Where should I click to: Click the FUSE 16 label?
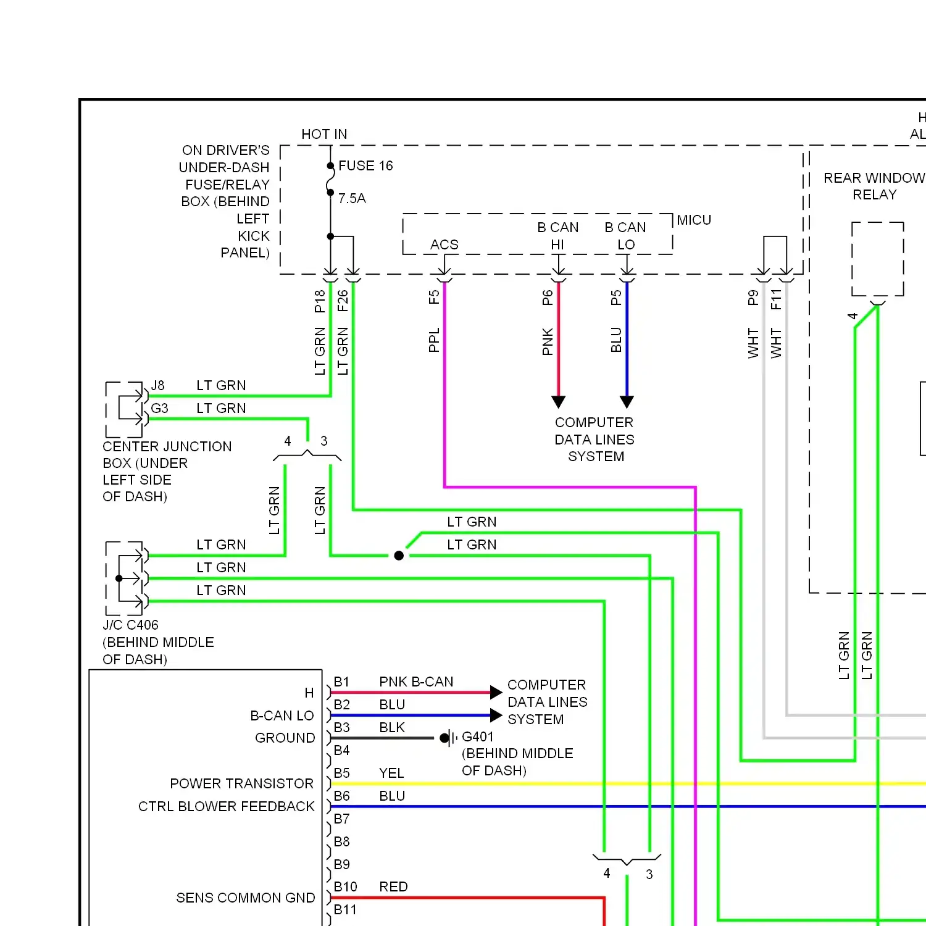click(365, 165)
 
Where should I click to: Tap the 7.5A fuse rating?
click(352, 198)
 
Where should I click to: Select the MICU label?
click(694, 220)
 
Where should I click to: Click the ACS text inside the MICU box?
click(444, 244)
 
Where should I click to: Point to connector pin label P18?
click(320, 301)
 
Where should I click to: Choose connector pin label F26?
click(343, 301)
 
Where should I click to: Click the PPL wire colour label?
click(434, 340)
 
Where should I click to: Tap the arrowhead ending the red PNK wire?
click(559, 402)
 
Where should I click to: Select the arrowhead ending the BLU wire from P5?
click(627, 402)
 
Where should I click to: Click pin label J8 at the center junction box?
click(158, 385)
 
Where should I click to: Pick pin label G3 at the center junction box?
click(159, 408)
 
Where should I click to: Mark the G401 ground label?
click(478, 736)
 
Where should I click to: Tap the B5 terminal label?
click(341, 773)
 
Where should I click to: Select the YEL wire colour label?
click(391, 773)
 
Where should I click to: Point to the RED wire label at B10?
click(393, 886)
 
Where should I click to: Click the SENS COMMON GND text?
click(245, 898)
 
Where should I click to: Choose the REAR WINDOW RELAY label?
click(874, 186)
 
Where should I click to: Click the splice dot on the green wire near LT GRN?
click(399, 556)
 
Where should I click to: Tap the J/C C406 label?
click(130, 625)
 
